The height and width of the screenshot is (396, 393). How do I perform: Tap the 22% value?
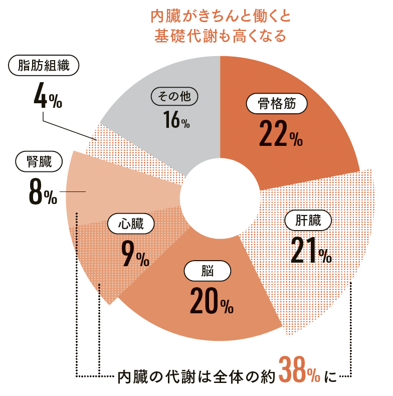click(x=280, y=133)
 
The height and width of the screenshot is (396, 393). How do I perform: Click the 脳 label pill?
click(x=208, y=272)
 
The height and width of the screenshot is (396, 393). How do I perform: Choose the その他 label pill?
click(x=174, y=97)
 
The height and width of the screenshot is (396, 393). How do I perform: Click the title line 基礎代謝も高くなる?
click(x=221, y=36)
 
